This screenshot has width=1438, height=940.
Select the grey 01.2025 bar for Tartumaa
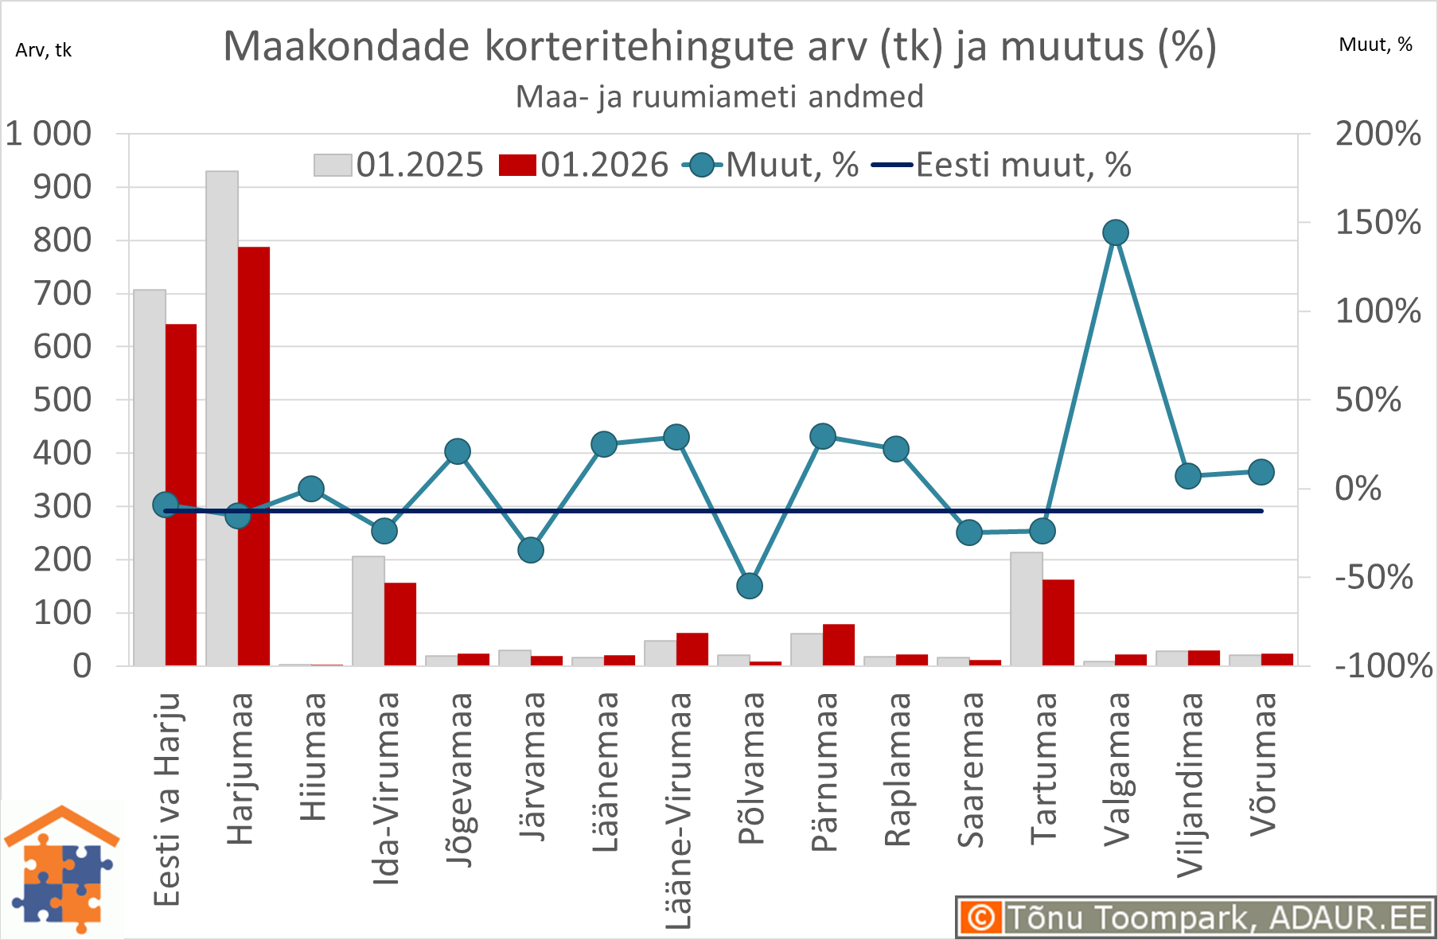1027,609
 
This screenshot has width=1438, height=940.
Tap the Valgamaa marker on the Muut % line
1116,232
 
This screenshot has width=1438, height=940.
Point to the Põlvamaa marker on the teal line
750,587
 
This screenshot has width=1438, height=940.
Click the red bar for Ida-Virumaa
400,624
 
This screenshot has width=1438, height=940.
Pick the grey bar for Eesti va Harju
150,478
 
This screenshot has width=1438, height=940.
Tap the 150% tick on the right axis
1378,222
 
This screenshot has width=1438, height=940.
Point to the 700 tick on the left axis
62,294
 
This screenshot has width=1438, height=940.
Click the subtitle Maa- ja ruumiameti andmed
719,97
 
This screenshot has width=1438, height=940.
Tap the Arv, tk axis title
44,50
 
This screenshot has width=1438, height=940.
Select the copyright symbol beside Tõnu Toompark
980,918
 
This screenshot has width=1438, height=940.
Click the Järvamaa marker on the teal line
531,550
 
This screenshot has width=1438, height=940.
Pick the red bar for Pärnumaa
839,645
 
